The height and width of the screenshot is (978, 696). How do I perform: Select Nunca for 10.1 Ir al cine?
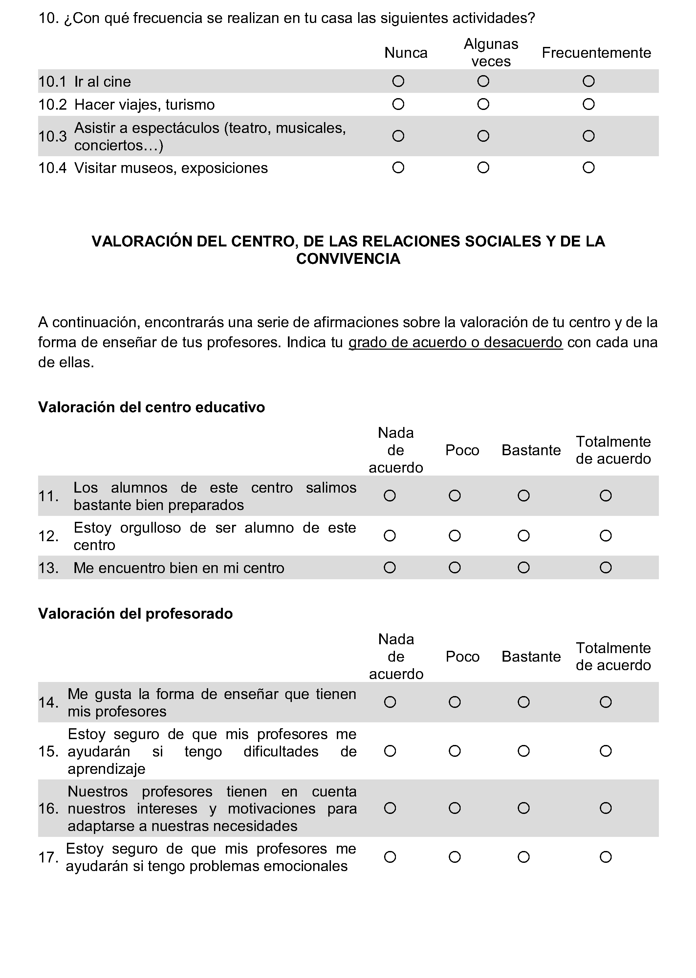[398, 81]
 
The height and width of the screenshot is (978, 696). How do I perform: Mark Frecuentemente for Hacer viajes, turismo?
[588, 104]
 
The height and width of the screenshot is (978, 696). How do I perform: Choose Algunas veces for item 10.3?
[483, 136]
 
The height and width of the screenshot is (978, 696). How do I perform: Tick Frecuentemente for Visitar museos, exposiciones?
[588, 167]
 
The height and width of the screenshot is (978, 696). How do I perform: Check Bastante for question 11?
[523, 496]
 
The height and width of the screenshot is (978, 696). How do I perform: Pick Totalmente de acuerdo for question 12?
[605, 536]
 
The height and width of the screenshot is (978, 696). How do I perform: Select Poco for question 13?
[454, 568]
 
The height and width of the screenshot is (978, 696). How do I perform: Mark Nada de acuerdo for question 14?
[390, 702]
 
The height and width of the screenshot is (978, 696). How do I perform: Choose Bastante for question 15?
[523, 751]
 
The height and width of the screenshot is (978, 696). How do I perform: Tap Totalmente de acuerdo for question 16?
[605, 808]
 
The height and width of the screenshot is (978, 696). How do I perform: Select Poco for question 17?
[454, 857]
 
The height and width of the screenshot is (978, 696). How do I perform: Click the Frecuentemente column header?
[596, 53]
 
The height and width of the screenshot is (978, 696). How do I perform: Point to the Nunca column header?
[406, 53]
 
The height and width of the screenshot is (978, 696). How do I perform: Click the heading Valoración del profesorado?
[136, 613]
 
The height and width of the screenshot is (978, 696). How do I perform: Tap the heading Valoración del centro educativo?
[151, 407]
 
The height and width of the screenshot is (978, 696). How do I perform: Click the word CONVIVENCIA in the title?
[348, 259]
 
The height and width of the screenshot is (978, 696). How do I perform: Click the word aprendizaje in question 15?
[106, 769]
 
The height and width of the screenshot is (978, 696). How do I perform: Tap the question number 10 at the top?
[48, 18]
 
